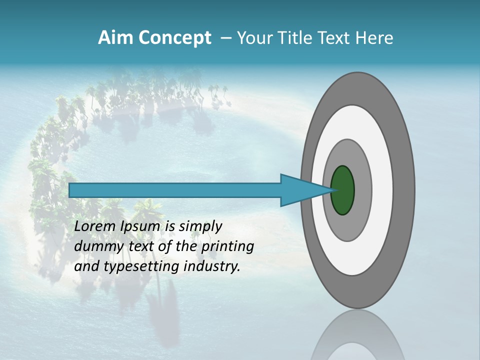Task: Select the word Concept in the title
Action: pos(175,38)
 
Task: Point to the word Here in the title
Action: pos(375,38)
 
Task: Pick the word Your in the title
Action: pos(254,38)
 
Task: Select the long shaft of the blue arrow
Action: pos(175,190)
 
